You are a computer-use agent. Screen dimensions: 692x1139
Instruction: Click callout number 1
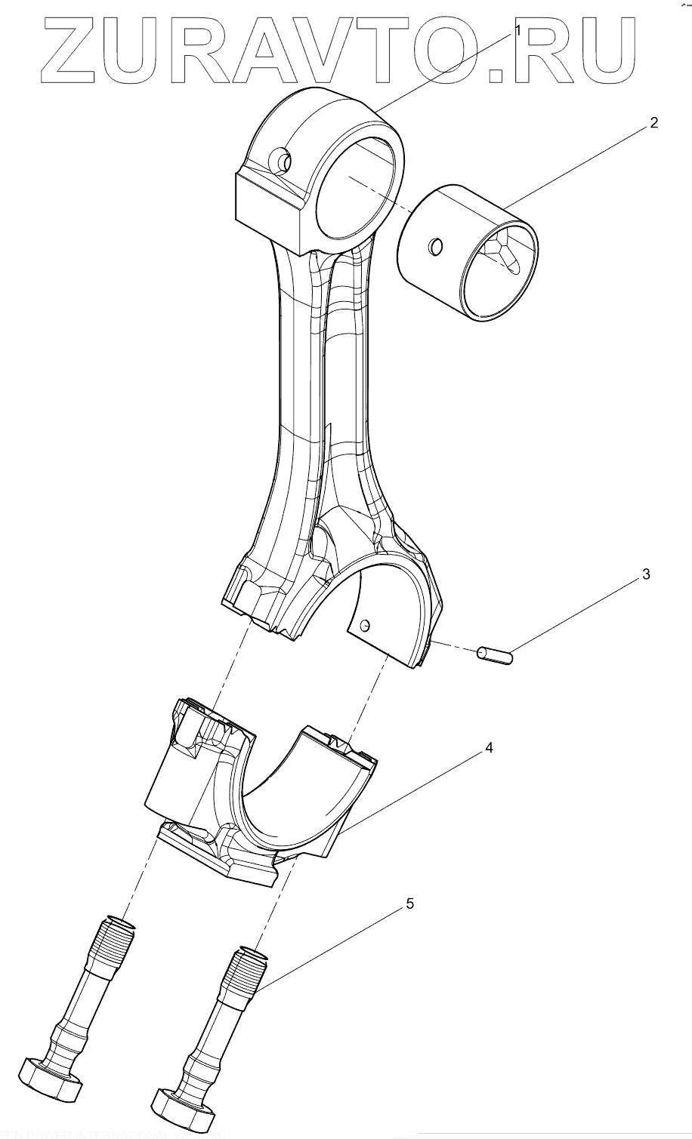pyautogui.click(x=518, y=29)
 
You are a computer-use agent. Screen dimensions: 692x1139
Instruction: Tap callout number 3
pyautogui.click(x=645, y=574)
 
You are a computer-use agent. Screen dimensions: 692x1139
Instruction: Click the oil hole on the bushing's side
pyautogui.click(x=435, y=246)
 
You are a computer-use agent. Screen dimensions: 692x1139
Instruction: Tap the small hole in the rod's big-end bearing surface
pyautogui.click(x=366, y=625)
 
